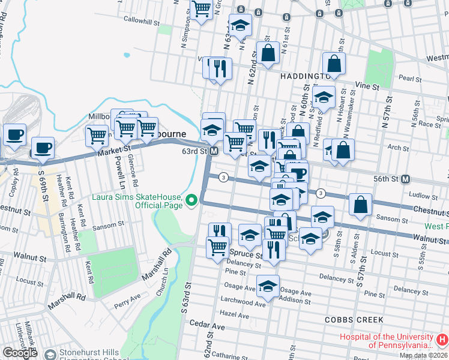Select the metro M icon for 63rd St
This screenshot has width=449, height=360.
pyautogui.click(x=214, y=152)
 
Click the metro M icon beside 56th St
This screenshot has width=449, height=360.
pyautogui.click(x=406, y=179)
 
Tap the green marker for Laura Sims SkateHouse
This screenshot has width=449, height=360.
pyautogui.click(x=191, y=199)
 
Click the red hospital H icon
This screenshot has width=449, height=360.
pyautogui.click(x=441, y=340)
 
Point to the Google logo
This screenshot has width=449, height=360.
pyautogui.click(x=20, y=353)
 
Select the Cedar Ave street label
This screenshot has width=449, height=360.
pyautogui.click(x=207, y=326)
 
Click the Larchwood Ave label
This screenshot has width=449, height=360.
pyautogui.click(x=243, y=304)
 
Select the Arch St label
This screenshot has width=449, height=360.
pyautogui.click(x=397, y=146)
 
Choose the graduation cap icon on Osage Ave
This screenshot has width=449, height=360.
pyautogui.click(x=268, y=285)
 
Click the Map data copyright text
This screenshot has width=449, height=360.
pyautogui.click(x=423, y=355)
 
